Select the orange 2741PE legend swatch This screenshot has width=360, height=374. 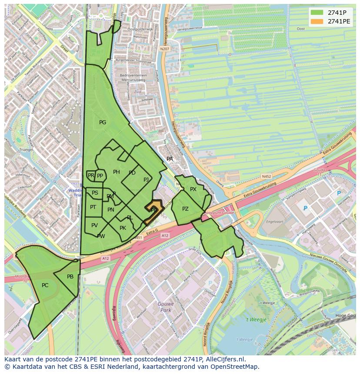click(317, 21)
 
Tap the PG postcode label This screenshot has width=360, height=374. click(103, 122)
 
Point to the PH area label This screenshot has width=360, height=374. click(117, 172)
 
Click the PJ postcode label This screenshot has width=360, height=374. click(146, 179)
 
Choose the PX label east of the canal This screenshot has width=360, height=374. click(193, 189)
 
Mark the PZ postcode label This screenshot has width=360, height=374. click(186, 209)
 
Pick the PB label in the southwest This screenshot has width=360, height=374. click(70, 277)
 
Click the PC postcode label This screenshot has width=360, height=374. click(45, 285)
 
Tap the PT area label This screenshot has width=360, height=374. click(93, 207)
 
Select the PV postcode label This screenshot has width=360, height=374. click(94, 225)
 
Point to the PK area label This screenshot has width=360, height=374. click(123, 228)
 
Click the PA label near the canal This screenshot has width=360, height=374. click(170, 159)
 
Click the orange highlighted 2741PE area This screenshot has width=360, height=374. click(153, 211)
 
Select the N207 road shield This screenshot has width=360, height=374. click(164, 50)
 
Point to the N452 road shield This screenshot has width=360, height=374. click(267, 176)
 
